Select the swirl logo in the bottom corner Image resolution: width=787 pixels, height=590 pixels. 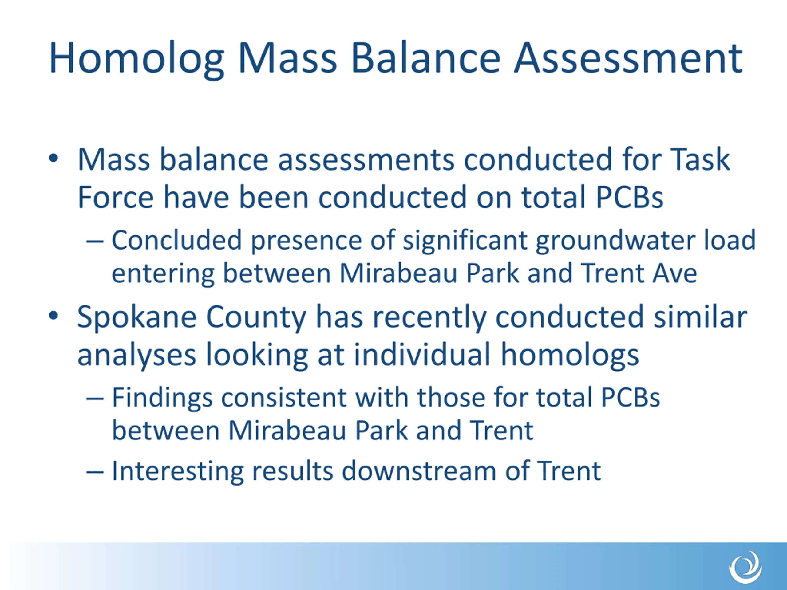(745, 567)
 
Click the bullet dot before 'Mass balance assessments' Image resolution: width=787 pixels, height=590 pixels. (53, 159)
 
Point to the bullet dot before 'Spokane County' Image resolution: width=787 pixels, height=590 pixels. (53, 315)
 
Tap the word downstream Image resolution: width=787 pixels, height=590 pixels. (419, 470)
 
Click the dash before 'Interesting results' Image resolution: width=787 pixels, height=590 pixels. (95, 472)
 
